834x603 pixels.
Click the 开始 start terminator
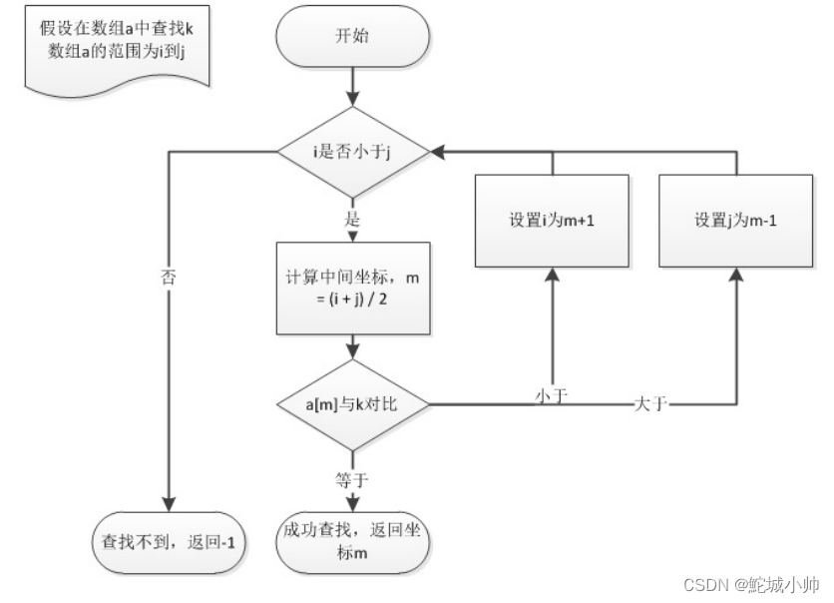point(353,38)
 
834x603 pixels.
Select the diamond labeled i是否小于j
point(353,152)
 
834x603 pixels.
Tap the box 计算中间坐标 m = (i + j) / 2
point(353,289)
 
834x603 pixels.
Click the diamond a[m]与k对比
point(353,405)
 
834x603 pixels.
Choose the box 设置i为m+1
point(552,221)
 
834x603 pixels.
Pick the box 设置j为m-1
point(736,221)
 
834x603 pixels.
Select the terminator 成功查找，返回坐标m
point(353,543)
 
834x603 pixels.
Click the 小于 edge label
point(552,396)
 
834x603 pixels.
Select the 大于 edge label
point(649,404)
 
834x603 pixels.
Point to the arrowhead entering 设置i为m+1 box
point(552,276)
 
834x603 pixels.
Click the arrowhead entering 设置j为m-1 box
point(736,276)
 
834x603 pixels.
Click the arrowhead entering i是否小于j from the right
point(438,152)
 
